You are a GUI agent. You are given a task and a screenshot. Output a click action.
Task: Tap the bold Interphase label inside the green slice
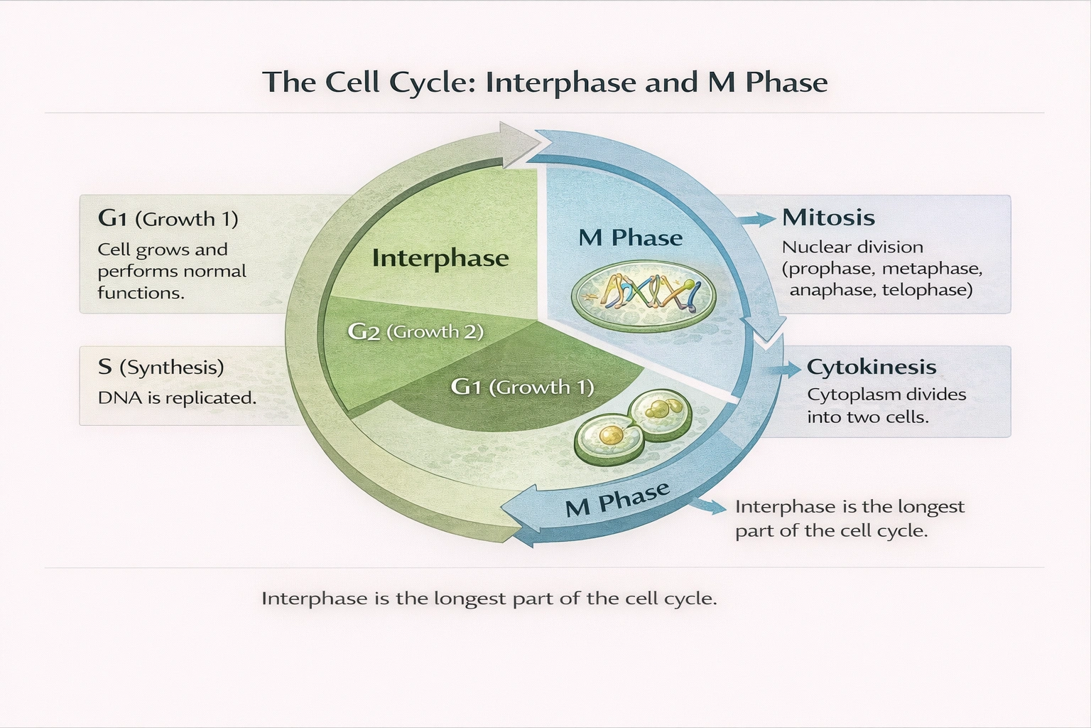(440, 257)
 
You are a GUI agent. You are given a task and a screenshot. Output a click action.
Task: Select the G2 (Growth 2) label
(416, 331)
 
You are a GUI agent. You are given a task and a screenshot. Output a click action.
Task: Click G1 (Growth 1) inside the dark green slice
(522, 387)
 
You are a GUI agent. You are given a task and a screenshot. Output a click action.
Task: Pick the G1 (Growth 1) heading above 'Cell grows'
(168, 218)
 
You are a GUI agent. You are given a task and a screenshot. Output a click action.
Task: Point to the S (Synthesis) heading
(161, 367)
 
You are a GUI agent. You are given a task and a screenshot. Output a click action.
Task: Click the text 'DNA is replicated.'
(177, 398)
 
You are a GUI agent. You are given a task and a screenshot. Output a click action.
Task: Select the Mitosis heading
(828, 217)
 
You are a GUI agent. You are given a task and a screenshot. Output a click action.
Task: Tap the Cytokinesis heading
(872, 367)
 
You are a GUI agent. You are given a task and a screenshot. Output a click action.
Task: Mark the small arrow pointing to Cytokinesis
(786, 369)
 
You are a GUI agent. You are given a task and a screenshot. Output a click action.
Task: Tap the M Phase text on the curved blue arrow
(617, 499)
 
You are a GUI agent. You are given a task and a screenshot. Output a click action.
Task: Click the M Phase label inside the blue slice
(630, 237)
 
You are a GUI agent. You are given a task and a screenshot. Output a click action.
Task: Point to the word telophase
(927, 290)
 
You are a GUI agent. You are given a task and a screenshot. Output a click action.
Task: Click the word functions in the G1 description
(141, 293)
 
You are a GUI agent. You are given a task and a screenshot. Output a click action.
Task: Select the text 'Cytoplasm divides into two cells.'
(886, 405)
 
